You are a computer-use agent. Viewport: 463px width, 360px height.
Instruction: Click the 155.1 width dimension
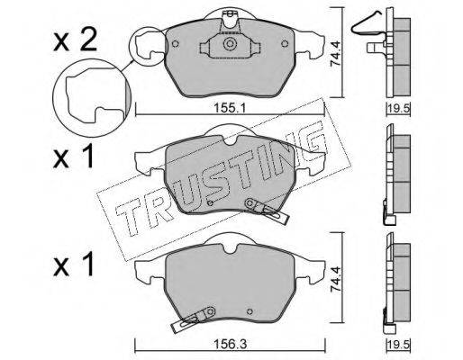(x=230, y=108)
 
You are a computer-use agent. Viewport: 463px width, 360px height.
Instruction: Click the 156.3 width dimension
(x=231, y=344)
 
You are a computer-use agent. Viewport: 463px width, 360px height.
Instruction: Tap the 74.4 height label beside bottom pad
(x=336, y=283)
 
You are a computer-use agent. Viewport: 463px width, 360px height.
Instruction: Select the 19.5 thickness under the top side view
(x=398, y=108)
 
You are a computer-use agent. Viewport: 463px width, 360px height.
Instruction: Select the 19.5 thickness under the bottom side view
(x=398, y=345)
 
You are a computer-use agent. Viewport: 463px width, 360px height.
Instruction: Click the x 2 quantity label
(x=75, y=41)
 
